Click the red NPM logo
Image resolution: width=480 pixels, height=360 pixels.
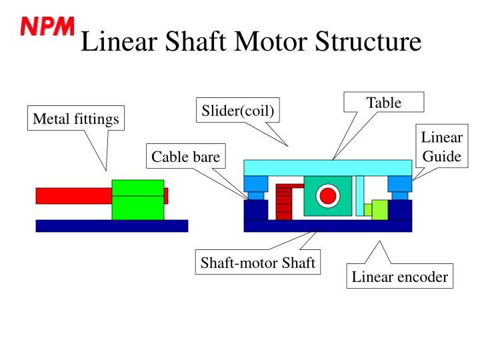[x=47, y=26]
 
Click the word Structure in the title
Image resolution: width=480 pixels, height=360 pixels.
[x=368, y=41]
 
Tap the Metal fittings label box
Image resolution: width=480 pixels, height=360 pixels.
[x=76, y=118]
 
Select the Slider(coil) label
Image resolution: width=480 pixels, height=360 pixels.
[x=238, y=110]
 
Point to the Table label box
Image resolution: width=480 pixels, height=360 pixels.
[x=384, y=102]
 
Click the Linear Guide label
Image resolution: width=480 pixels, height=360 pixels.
[x=442, y=146]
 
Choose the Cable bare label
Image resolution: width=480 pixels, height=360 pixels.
[x=186, y=156]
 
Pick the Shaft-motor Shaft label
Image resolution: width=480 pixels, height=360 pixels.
[x=258, y=262]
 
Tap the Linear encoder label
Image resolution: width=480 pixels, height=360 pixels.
[x=400, y=276]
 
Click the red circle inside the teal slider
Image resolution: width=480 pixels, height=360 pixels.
[x=328, y=195]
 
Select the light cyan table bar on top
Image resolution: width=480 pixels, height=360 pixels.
[x=328, y=168]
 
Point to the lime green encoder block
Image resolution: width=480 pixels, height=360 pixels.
[x=379, y=210]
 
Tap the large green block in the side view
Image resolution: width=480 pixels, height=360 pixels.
[x=138, y=199]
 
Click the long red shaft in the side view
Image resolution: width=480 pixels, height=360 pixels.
[x=74, y=196]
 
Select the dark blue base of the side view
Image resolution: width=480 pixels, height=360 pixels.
[x=112, y=226]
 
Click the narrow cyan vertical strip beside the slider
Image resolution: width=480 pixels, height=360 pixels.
[x=360, y=196]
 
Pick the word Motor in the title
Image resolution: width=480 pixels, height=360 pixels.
[x=271, y=41]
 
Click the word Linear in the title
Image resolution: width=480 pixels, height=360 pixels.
[x=119, y=41]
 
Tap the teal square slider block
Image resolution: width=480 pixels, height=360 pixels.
[x=328, y=196]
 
